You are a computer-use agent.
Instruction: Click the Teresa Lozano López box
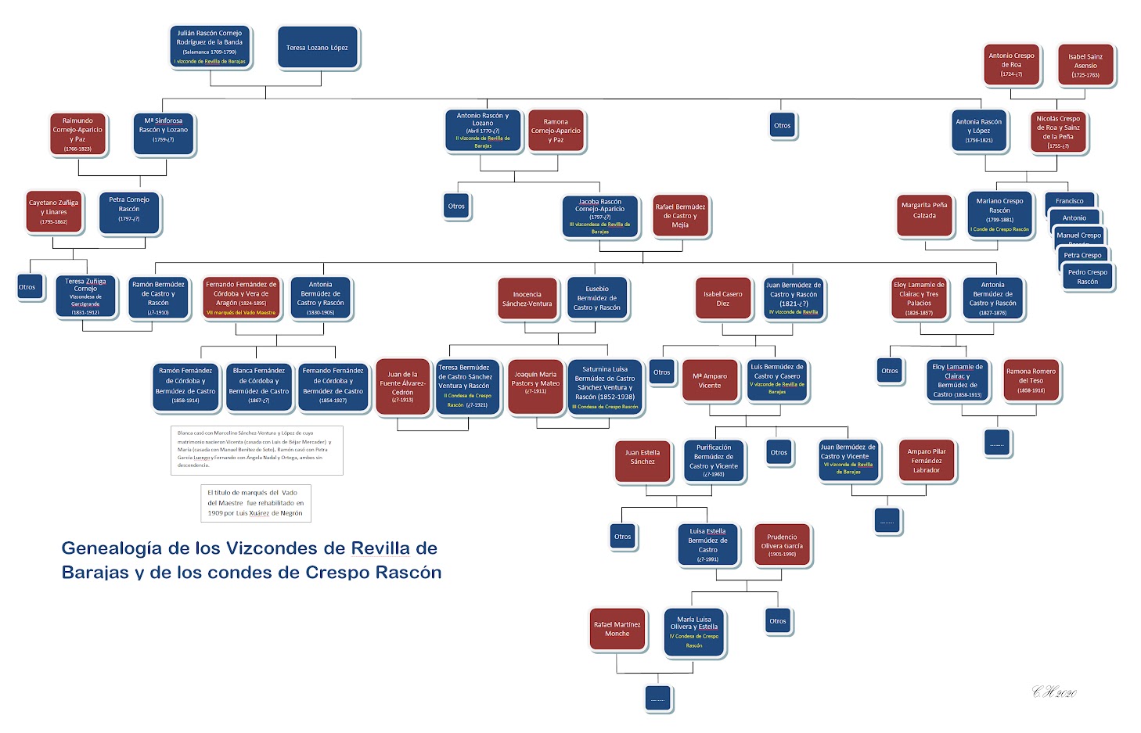coord(317,48)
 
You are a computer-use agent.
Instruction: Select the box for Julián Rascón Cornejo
coord(209,47)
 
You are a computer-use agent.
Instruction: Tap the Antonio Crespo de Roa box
coord(1011,65)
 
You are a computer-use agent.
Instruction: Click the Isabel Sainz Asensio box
coord(1085,65)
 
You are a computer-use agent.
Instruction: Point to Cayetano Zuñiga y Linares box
coord(54,212)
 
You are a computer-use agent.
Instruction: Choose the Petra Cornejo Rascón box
coord(129,213)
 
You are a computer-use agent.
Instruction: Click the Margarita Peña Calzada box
coord(924,214)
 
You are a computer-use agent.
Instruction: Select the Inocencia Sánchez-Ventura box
coord(527,299)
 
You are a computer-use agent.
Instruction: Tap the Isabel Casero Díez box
coord(722,299)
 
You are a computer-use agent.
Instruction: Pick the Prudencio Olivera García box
coord(782,544)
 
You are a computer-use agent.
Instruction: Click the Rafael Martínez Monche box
coord(617,629)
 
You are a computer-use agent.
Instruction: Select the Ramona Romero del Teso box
coord(1031,381)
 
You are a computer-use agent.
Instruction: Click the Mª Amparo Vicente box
coord(710,381)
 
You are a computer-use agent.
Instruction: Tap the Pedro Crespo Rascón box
coord(1087,277)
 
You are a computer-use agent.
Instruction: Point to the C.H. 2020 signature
coord(1054,692)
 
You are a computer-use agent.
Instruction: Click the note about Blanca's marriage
coord(257,450)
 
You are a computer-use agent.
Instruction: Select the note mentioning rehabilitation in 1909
coord(256,503)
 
